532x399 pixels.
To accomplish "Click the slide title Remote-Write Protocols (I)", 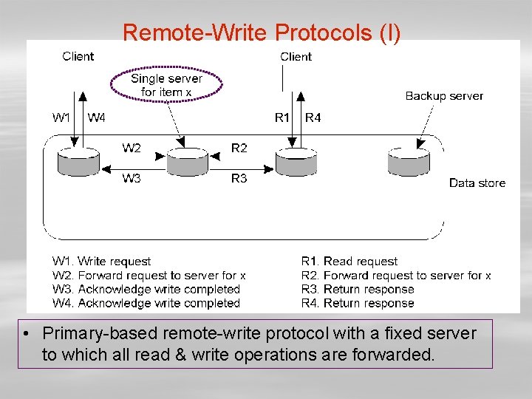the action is [x=262, y=33].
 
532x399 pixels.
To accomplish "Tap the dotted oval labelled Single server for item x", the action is [x=166, y=68].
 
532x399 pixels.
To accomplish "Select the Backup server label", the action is [x=444, y=96].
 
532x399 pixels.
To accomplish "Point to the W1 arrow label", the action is [x=61, y=117].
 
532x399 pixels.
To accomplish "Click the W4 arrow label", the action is [x=96, y=117].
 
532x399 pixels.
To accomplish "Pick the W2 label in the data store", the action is [x=132, y=148].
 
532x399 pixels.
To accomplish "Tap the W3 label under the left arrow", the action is [x=132, y=178].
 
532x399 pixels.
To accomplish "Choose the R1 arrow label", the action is [x=282, y=117].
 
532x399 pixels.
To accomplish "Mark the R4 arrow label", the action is [x=313, y=117].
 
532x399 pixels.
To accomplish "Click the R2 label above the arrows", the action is [x=239, y=148].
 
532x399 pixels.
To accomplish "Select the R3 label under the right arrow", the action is [x=239, y=178].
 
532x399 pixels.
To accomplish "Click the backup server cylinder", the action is [x=409, y=162].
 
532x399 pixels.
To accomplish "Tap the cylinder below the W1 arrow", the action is [x=79, y=162].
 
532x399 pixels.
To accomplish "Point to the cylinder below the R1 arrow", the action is [x=296, y=162].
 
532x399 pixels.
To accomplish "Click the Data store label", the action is [x=477, y=183].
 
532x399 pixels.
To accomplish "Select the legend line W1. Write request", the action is [x=101, y=262].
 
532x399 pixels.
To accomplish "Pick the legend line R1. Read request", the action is [x=349, y=262].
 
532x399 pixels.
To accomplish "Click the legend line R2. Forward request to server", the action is [x=396, y=275].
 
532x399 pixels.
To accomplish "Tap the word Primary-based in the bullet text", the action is [x=100, y=334].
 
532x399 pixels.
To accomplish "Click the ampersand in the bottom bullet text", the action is [x=181, y=355].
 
